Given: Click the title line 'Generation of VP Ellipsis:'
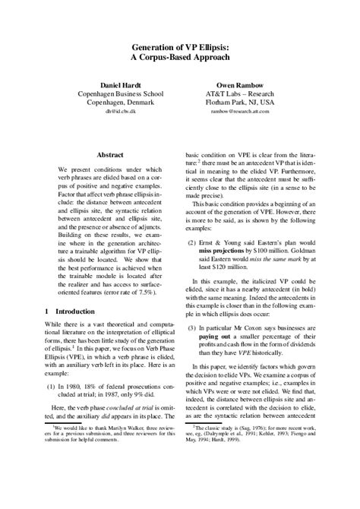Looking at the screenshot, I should tap(180, 48).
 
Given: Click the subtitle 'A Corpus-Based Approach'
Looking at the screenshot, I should tap(180, 61).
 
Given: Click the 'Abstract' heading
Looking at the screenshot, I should tap(110, 154).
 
